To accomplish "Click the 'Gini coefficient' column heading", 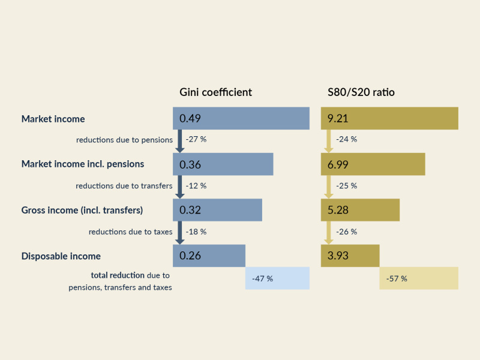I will click(x=215, y=92).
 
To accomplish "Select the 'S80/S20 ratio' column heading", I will click(x=361, y=92).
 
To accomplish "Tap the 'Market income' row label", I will click(x=53, y=119).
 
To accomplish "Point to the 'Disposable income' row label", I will click(x=61, y=256).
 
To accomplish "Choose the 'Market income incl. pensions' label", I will click(x=82, y=164).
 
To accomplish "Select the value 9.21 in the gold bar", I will click(x=338, y=119).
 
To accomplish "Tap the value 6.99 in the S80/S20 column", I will click(x=338, y=164).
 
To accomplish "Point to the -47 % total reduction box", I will click(x=277, y=278).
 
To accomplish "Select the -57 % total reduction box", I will click(x=419, y=278).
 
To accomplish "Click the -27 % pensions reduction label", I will click(x=196, y=139).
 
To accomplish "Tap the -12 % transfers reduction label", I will click(x=196, y=186).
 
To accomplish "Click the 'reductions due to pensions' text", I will click(x=124, y=140).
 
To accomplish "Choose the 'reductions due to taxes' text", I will click(x=130, y=232).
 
